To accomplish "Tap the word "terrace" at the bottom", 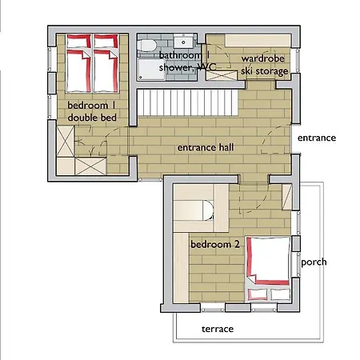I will (217, 329).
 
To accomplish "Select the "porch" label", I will (313, 262).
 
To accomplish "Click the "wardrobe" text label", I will (264, 58).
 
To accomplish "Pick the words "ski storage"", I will (264, 70).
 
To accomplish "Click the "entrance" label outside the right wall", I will (317, 138).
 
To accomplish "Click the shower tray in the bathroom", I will (149, 70).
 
